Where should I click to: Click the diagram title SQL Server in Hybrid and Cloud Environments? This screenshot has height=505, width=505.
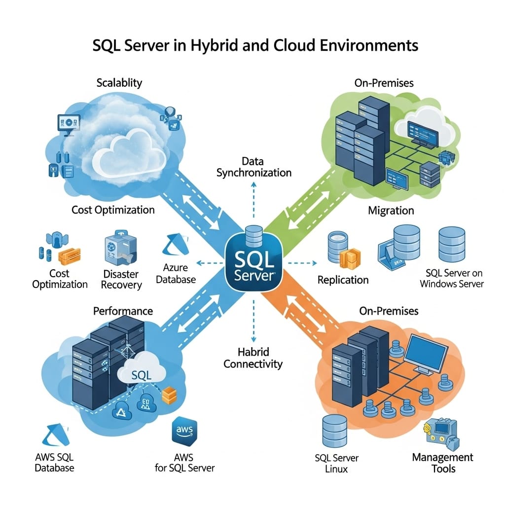click(x=255, y=45)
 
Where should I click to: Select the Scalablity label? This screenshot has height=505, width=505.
click(x=119, y=83)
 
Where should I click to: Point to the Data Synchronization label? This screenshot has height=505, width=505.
click(x=253, y=167)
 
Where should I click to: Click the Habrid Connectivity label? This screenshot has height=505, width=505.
click(x=253, y=359)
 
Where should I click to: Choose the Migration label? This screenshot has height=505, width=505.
click(x=391, y=211)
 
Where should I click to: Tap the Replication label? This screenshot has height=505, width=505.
click(x=343, y=280)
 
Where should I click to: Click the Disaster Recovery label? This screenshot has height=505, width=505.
click(x=121, y=280)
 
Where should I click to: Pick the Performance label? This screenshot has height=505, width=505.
click(x=123, y=311)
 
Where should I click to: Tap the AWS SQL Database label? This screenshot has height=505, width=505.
click(x=54, y=463)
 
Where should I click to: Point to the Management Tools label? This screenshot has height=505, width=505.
click(x=442, y=463)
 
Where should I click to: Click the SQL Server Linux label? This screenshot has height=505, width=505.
click(x=336, y=463)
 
